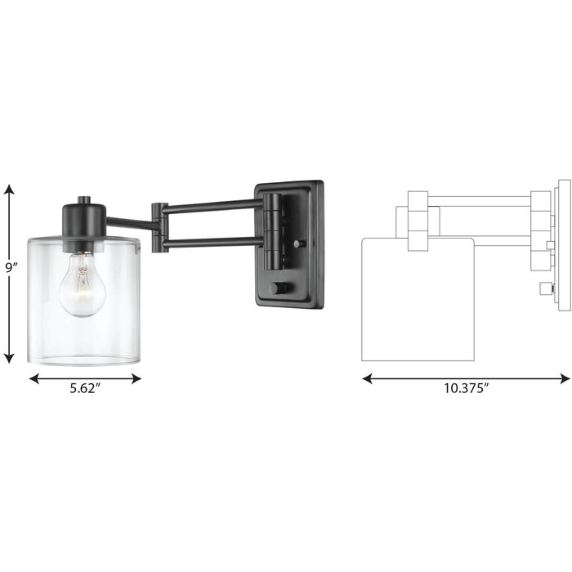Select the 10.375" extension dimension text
pos(466,390)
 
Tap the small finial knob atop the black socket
pos(83,200)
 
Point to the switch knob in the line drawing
pos(546,288)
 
